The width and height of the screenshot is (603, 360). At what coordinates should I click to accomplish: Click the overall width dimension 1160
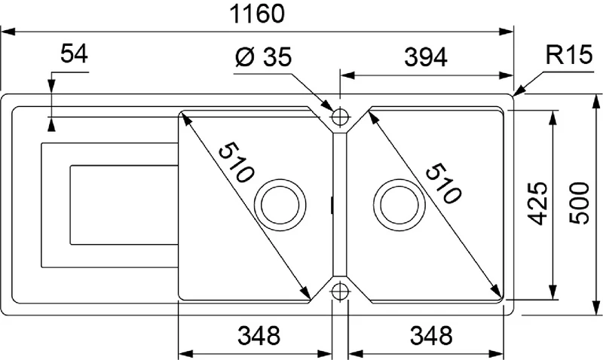point(257,14)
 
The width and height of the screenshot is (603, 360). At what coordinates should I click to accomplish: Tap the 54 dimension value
point(74,53)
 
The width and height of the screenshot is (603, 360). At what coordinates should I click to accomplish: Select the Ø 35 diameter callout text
point(263,57)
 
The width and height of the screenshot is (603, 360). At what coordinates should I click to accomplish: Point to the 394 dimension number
point(426,58)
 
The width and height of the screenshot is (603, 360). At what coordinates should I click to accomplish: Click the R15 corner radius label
point(569,55)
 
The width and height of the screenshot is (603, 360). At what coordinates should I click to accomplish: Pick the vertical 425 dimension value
point(537,203)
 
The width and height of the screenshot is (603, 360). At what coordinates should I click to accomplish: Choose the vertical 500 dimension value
point(579,203)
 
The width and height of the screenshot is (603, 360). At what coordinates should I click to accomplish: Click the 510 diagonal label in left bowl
point(236,163)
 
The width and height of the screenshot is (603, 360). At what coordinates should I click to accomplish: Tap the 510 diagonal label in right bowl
point(443,183)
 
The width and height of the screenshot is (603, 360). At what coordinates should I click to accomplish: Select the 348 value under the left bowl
point(259,335)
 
